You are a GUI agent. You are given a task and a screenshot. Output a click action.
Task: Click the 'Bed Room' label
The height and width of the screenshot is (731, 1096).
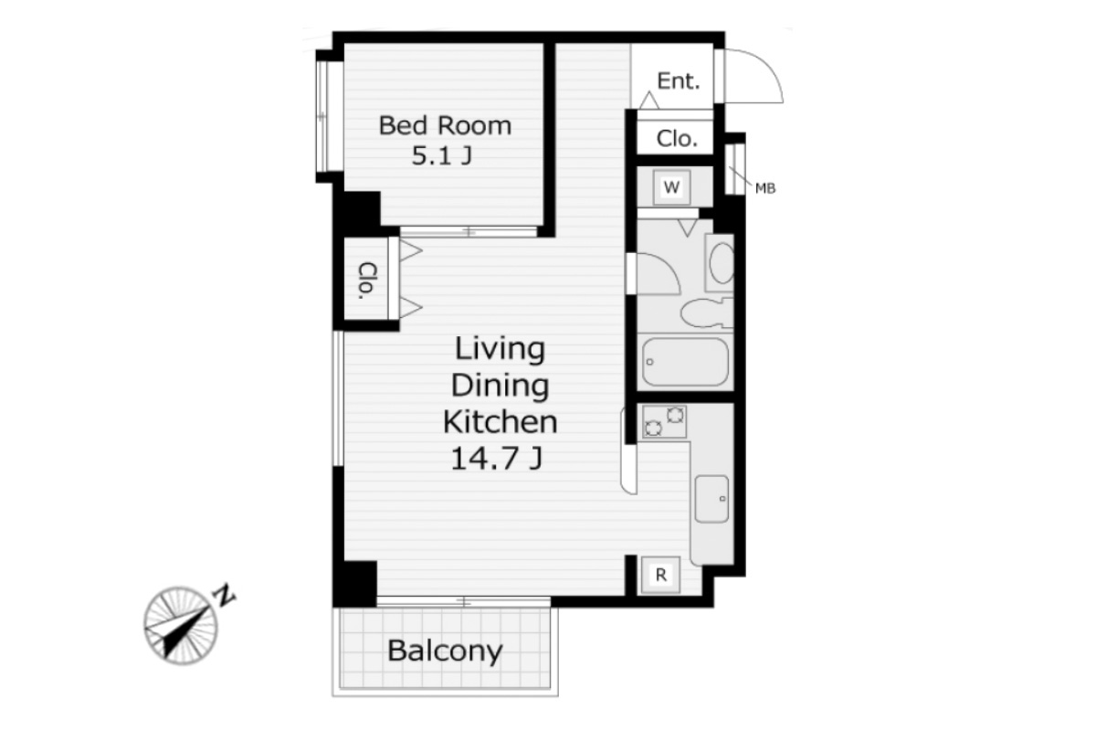pyautogui.click(x=445, y=125)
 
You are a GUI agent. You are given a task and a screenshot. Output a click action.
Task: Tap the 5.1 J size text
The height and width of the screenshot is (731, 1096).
pyautogui.click(x=442, y=155)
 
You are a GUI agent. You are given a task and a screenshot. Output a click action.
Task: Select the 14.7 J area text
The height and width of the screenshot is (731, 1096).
pyautogui.click(x=496, y=459)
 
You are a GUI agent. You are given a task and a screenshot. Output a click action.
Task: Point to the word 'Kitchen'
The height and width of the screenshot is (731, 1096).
pyautogui.click(x=501, y=421)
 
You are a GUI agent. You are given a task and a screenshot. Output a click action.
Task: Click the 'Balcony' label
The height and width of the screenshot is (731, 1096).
pyautogui.click(x=445, y=652)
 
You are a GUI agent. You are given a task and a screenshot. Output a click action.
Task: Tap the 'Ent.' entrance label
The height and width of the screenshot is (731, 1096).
pyautogui.click(x=678, y=80)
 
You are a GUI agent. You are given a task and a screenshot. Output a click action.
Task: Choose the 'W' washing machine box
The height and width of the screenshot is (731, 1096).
pyautogui.click(x=672, y=187)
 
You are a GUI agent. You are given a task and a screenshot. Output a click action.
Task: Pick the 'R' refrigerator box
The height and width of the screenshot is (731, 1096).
pyautogui.click(x=660, y=575)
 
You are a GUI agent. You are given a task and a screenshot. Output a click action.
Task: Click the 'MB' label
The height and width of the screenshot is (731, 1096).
pyautogui.click(x=765, y=188)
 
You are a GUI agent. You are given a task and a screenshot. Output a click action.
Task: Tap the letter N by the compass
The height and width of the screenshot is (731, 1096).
pyautogui.click(x=224, y=595)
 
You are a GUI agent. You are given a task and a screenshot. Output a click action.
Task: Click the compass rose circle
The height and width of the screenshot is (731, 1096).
pyautogui.click(x=181, y=625)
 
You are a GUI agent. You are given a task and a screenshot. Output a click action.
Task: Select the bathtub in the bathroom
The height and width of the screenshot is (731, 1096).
pyautogui.click(x=685, y=361)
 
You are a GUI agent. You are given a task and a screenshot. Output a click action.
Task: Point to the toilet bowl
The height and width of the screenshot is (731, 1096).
pyautogui.click(x=704, y=313)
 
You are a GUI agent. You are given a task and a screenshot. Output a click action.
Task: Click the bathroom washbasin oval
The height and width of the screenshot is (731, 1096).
pyautogui.click(x=722, y=263)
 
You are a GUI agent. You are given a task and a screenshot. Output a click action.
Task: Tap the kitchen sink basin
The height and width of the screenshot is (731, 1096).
pyautogui.click(x=711, y=499)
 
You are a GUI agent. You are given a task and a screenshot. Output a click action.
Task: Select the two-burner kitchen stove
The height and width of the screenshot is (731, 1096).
pyautogui.click(x=664, y=421)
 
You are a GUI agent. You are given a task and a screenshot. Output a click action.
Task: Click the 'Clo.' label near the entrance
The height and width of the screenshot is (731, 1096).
pyautogui.click(x=677, y=139)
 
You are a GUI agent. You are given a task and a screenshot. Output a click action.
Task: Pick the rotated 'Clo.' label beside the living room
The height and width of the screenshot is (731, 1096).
pyautogui.click(x=367, y=281)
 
